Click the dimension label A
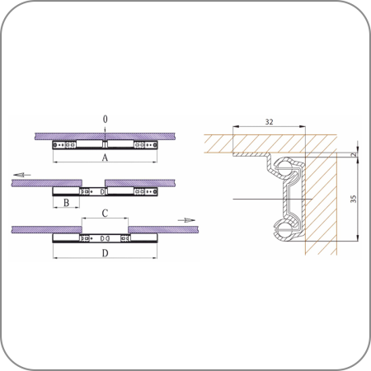pyautogui.click(x=105, y=157)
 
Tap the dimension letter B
pyautogui.click(x=66, y=203)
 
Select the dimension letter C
pyautogui.click(x=105, y=214)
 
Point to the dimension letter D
pyautogui.click(x=105, y=253)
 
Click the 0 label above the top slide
pyautogui.click(x=105, y=120)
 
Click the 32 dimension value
pyautogui.click(x=269, y=122)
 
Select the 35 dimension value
pyautogui.click(x=354, y=199)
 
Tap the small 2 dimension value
pyautogui.click(x=355, y=155)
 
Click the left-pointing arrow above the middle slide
pyautogui.click(x=22, y=175)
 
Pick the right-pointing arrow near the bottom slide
pyautogui.click(x=186, y=220)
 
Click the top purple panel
pyautogui.click(x=105, y=137)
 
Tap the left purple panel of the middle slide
pyautogui.click(x=47, y=183)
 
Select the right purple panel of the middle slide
pyautogui.click(x=140, y=183)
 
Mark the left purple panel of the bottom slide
pyautogui.click(x=47, y=229)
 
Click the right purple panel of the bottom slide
pyautogui.click(x=163, y=229)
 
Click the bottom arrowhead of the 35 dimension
pyautogui.click(x=358, y=238)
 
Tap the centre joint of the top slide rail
pyautogui.click(x=105, y=144)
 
